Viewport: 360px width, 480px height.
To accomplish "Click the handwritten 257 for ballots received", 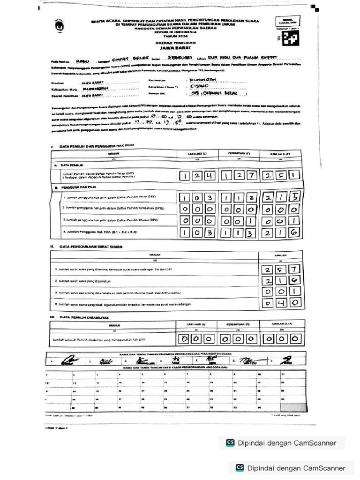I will pos(281,270).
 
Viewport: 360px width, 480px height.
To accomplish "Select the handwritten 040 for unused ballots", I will pos(281,303).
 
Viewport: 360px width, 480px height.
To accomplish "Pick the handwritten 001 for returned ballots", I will pos(281,292).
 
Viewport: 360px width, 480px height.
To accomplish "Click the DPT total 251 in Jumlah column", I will pos(281,176).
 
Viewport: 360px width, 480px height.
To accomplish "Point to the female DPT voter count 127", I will pos(239,176).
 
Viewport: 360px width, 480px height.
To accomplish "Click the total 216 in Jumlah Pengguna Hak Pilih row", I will pos(281,232).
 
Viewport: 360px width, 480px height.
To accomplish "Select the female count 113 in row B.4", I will pos(239,232).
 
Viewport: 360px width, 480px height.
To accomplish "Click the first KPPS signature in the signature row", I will pos(68,360).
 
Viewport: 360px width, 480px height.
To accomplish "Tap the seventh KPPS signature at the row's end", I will pos(285,360).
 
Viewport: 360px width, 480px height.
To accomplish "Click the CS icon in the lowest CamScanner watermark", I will pos(240,467).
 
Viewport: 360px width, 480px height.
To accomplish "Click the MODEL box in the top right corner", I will pos(288,21).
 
